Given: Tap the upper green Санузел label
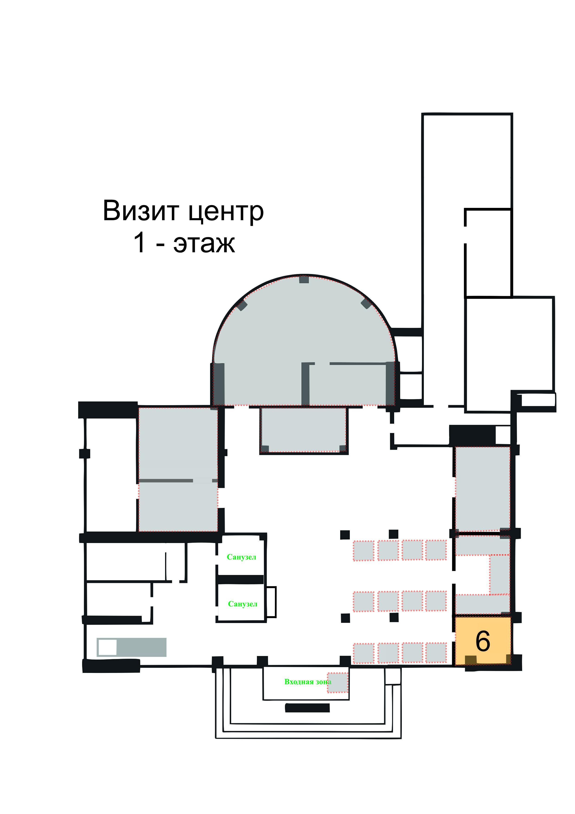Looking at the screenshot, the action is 241,557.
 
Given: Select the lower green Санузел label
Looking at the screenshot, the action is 243,604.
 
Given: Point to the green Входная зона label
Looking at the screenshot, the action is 308,682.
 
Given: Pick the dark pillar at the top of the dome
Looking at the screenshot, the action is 304,279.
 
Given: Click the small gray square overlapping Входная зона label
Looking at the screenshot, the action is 338,682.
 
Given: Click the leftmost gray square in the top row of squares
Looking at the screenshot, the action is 364,551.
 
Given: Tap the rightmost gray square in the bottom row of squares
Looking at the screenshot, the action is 436,653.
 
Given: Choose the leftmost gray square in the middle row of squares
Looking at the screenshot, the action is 364,602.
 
